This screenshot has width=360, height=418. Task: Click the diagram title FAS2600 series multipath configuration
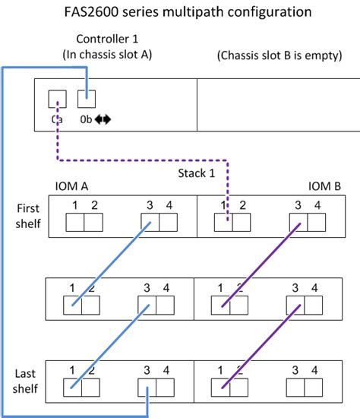point(180,12)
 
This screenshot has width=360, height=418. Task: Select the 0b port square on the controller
point(87,99)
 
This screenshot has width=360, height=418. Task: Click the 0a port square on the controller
point(57,100)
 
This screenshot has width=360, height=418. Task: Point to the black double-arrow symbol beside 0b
point(103,119)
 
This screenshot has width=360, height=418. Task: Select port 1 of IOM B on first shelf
point(222,223)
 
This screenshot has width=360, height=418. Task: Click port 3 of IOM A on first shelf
point(150,223)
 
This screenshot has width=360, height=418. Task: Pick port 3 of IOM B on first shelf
point(298,223)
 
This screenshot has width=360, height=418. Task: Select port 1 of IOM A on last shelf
point(73,388)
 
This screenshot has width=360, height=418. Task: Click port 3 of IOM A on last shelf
point(150,388)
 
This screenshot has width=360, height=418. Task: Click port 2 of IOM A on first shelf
point(92,223)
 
